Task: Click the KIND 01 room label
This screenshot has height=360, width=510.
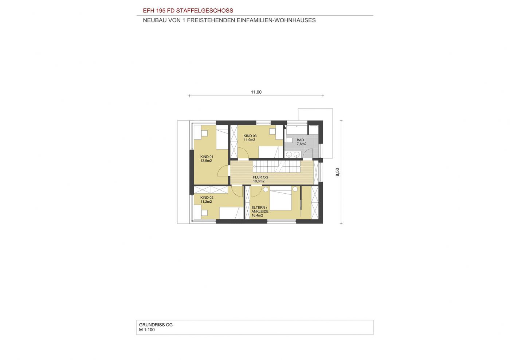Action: pyautogui.click(x=207, y=157)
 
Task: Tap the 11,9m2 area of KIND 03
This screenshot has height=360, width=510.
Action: pyautogui.click(x=250, y=140)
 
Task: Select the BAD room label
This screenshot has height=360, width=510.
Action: pyautogui.click(x=300, y=140)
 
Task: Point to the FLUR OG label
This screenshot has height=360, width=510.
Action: pyautogui.click(x=260, y=177)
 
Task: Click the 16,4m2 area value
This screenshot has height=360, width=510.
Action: pyautogui.click(x=257, y=215)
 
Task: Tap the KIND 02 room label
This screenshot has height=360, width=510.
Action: pyautogui.click(x=207, y=198)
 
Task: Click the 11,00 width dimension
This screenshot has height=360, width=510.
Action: pyautogui.click(x=256, y=92)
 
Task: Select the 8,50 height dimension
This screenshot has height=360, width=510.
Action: pyautogui.click(x=337, y=172)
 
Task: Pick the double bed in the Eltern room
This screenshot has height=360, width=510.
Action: pyautogui.click(x=281, y=198)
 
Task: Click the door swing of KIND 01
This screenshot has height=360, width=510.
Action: pyautogui.click(x=64, y=171)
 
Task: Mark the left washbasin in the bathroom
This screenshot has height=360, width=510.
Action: pyautogui.click(x=289, y=155)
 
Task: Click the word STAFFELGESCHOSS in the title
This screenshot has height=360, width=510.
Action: pyautogui.click(x=205, y=11)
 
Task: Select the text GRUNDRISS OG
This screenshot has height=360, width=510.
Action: pyautogui.click(x=156, y=325)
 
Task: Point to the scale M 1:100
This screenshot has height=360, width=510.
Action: pyautogui.click(x=147, y=330)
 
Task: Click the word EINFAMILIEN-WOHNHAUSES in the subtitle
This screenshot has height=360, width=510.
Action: pyautogui.click(x=276, y=20)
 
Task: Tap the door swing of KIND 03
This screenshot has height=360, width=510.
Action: pyautogui.click(x=243, y=153)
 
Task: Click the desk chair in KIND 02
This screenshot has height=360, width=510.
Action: pyautogui.click(x=45, y=213)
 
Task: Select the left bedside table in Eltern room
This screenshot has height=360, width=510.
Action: pyautogui.click(x=266, y=189)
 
